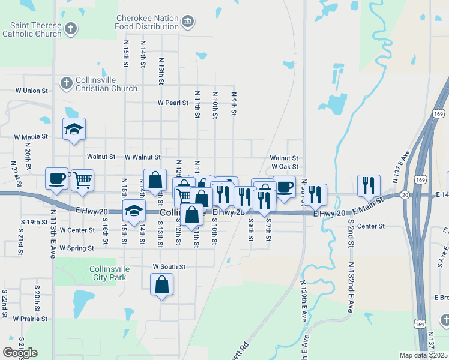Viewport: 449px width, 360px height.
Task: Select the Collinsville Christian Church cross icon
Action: (66, 82)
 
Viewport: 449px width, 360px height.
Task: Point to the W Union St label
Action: (31, 91)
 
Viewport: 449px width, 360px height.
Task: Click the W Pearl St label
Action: (173, 103)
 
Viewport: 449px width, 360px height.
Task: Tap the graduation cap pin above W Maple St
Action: (74, 129)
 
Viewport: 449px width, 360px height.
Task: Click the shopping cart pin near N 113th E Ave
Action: (82, 179)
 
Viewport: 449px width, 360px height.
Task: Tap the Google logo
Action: (20, 353)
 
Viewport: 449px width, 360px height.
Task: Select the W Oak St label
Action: (285, 167)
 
